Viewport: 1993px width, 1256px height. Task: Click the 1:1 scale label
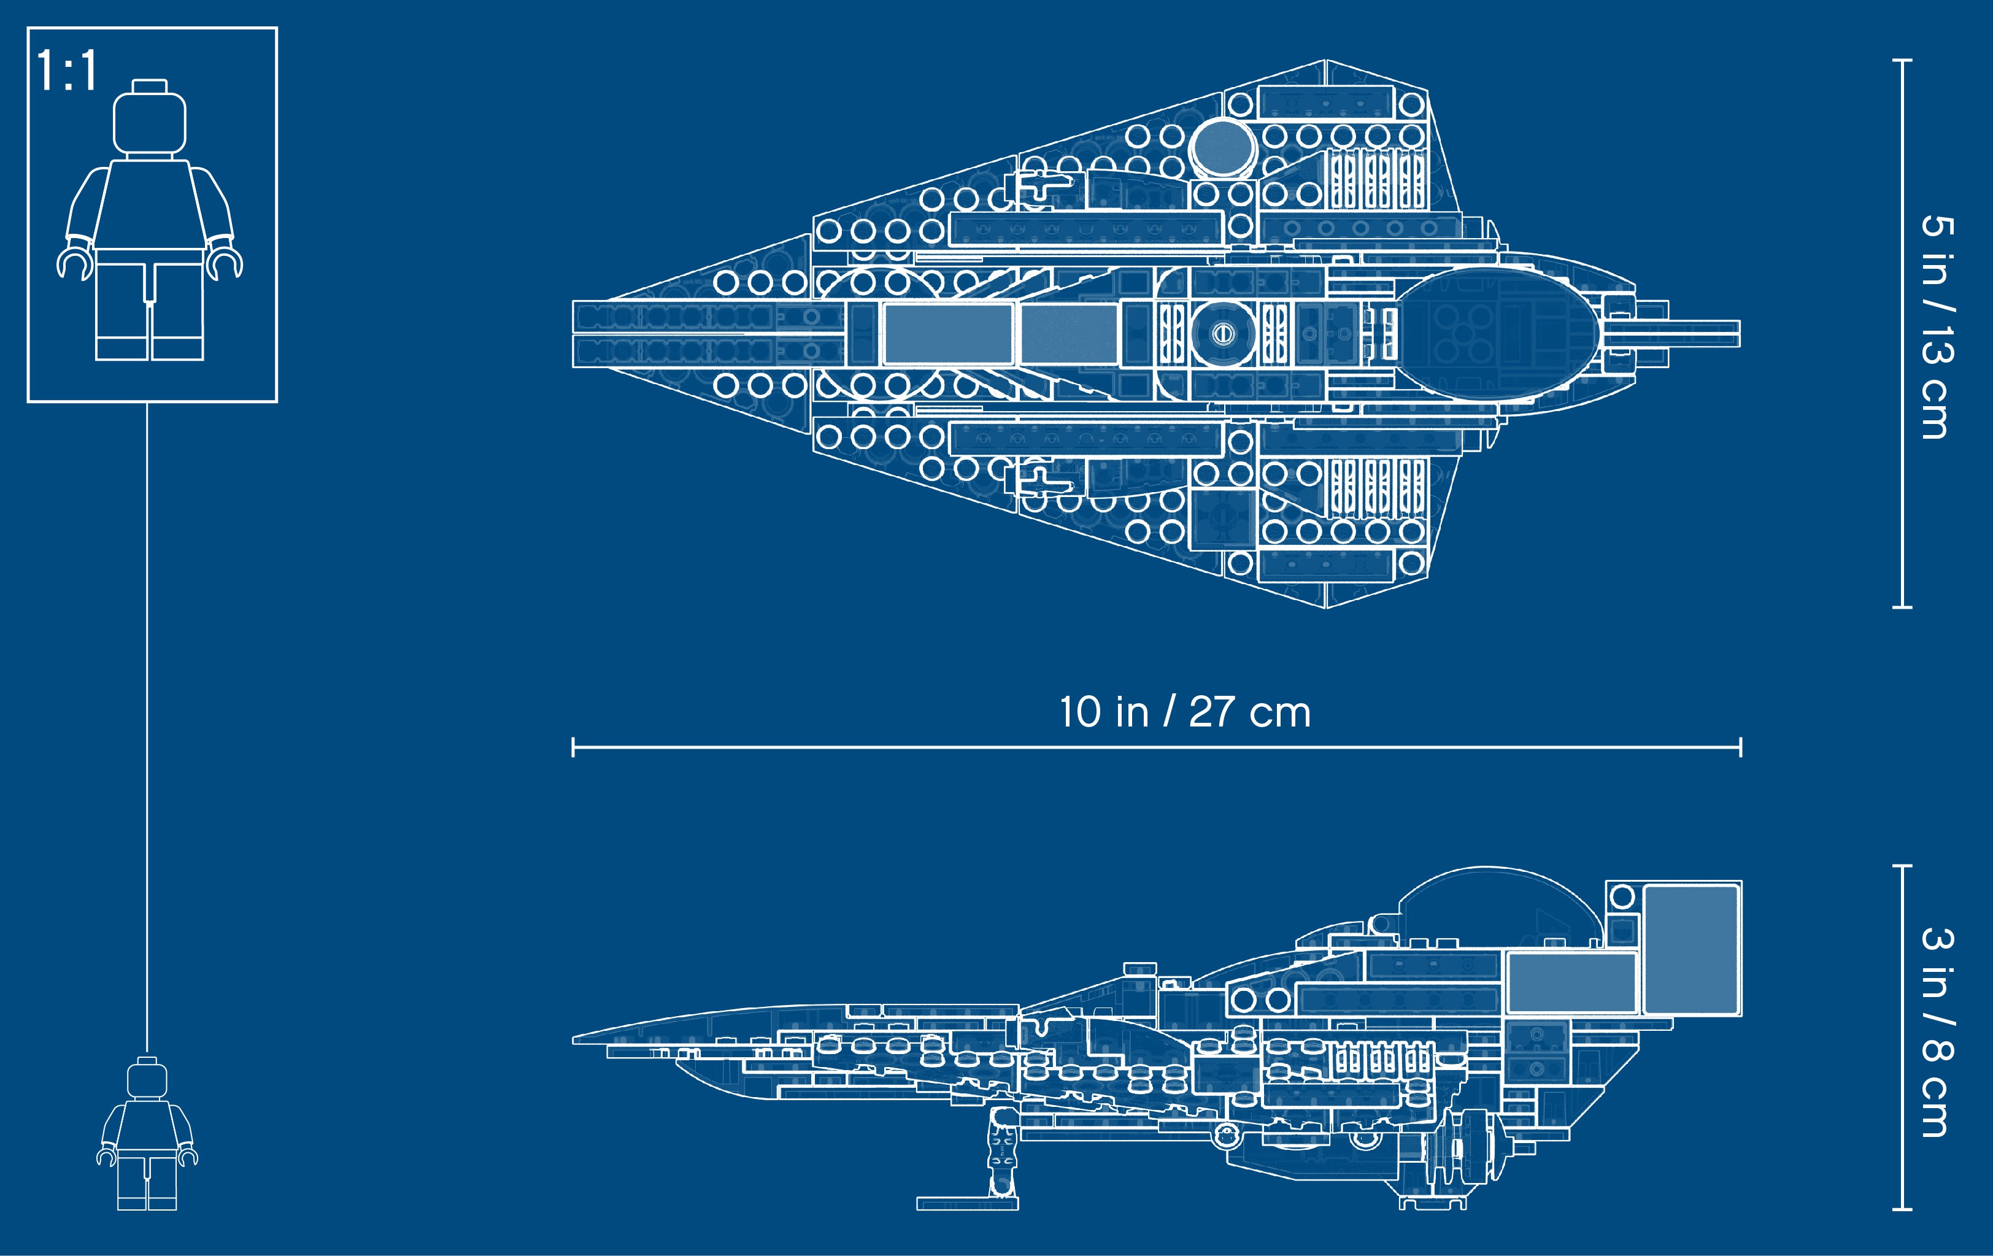coord(67,71)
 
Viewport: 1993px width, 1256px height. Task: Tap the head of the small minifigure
coord(147,1080)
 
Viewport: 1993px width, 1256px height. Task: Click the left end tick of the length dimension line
coord(574,747)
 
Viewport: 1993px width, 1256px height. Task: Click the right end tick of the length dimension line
coord(1741,747)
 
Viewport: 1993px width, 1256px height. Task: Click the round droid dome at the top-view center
coord(1224,333)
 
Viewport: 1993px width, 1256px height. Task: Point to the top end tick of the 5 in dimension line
coord(1902,60)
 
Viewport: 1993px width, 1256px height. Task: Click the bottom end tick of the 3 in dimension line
coord(1902,1209)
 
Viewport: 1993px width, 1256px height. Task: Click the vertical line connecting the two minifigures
coord(147,728)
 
